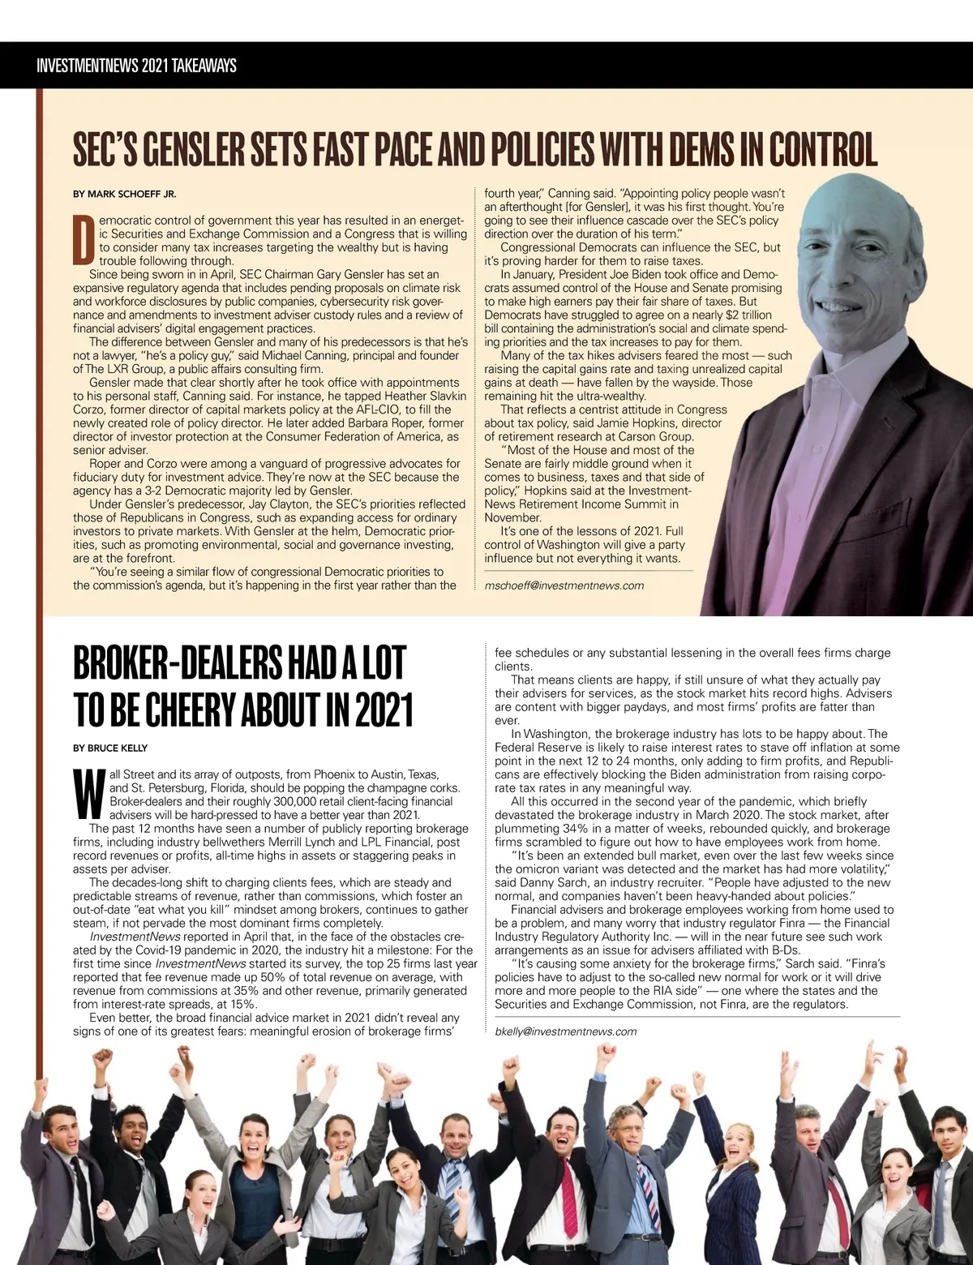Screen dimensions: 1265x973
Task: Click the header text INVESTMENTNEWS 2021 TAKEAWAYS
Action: [136, 66]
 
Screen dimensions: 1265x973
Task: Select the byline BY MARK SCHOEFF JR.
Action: [124, 194]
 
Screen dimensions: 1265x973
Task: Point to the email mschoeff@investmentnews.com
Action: [564, 585]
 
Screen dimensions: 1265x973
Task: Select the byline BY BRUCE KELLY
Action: [110, 748]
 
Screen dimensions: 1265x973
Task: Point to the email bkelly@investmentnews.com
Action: [565, 1031]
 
